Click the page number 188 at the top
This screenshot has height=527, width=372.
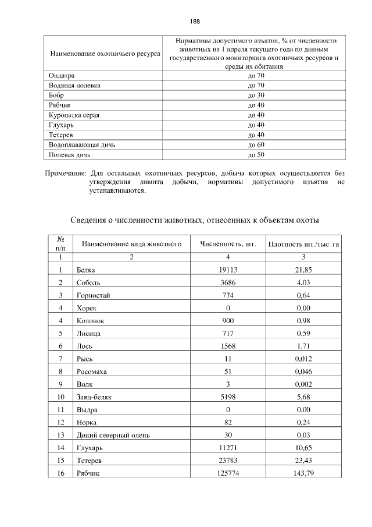point(195,22)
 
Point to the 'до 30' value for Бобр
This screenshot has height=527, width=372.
point(256,95)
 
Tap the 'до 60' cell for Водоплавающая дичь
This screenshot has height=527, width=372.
point(256,144)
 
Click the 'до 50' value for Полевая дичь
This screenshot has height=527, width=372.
point(256,155)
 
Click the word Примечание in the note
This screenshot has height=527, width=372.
point(66,174)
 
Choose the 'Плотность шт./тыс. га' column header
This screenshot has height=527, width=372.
point(303,244)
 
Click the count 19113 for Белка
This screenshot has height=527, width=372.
point(228,270)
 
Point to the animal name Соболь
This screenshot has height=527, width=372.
point(88,282)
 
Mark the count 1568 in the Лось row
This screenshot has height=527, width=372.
point(228,346)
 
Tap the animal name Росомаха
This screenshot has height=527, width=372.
point(92,372)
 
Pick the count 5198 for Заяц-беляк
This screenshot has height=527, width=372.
point(228,397)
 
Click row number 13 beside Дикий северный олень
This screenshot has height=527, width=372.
point(60,435)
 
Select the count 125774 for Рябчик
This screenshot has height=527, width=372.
point(228,473)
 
